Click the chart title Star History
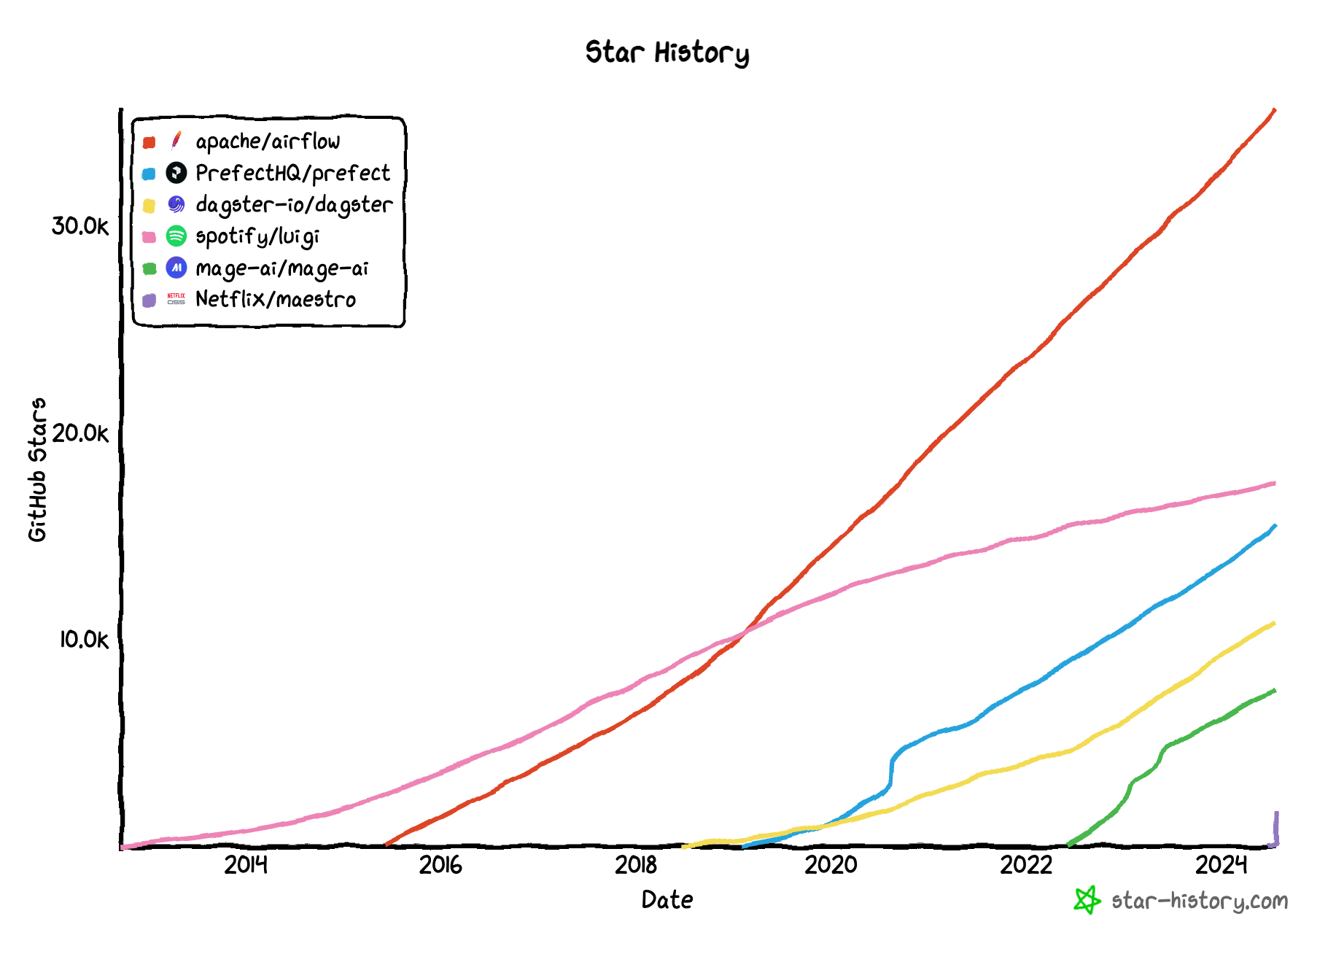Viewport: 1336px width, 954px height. coord(667,53)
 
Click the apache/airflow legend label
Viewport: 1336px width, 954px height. coord(268,141)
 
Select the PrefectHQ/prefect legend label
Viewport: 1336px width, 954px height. coord(292,174)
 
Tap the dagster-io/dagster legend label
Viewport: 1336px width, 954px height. coord(294,205)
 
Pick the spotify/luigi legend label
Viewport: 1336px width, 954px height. coord(257,236)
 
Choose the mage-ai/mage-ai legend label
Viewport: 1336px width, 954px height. coord(282,268)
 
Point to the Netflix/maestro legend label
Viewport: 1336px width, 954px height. coord(276,300)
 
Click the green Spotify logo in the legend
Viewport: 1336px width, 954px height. coord(176,236)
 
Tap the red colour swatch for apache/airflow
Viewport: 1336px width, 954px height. coord(149,142)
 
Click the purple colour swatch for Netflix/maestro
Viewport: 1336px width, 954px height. coord(149,300)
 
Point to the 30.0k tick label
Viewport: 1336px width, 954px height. coord(79,226)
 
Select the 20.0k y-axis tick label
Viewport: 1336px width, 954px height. coord(79,433)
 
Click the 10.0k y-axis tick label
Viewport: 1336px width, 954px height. coord(83,640)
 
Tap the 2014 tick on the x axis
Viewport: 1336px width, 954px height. coord(246,865)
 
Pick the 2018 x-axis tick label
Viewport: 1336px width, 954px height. coord(636,865)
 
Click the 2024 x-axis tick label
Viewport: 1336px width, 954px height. coord(1221,865)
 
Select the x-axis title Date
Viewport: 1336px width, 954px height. coord(667,900)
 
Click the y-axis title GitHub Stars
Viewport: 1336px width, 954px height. coord(37,470)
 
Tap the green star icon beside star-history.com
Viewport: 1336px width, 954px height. coord(1087,900)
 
